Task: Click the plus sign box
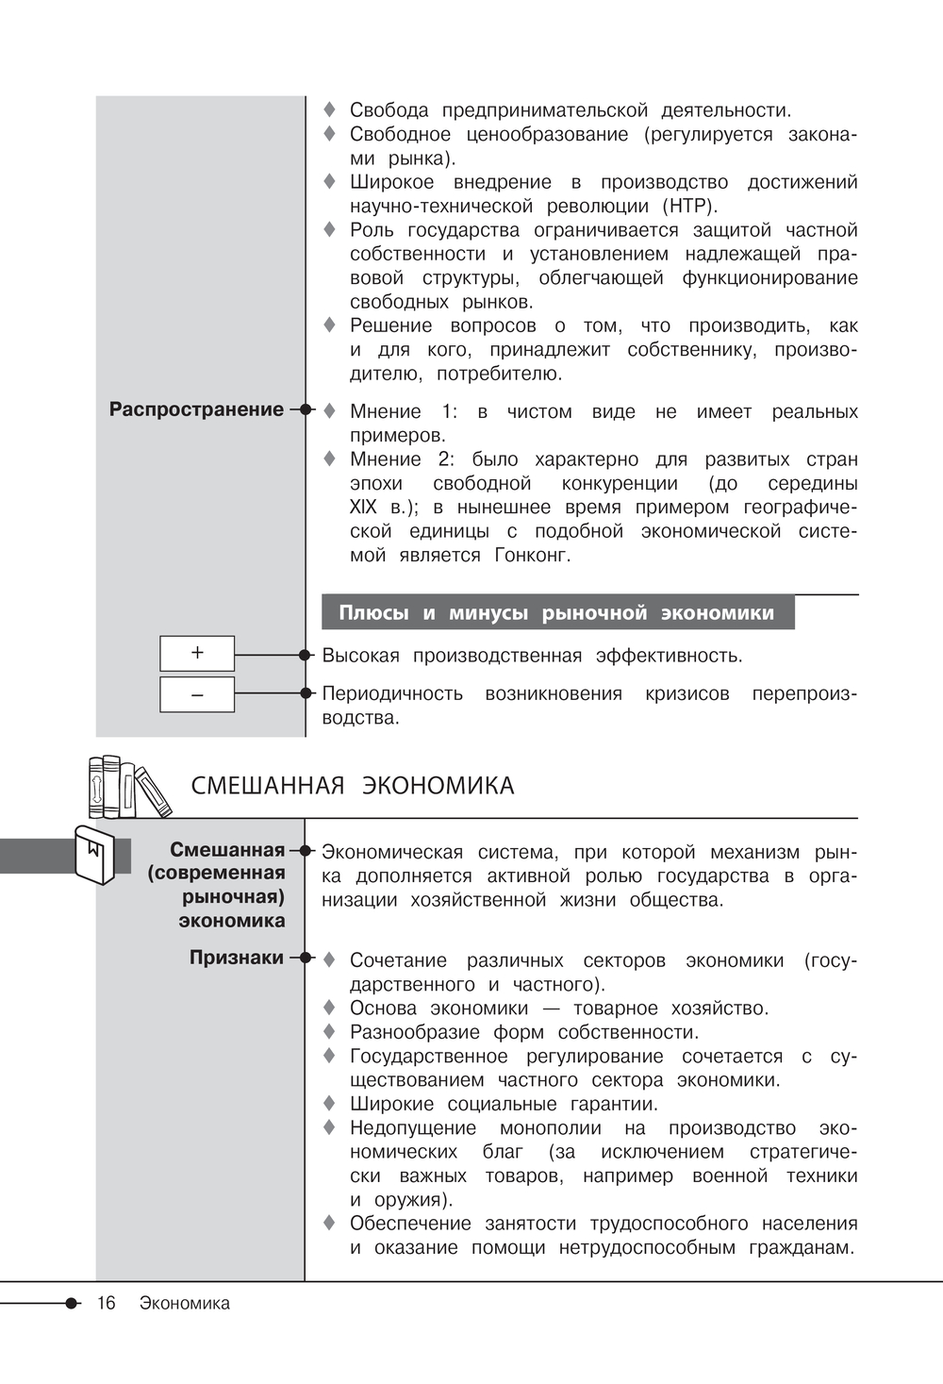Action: tap(197, 653)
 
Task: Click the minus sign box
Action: tap(197, 694)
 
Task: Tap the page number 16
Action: tap(106, 1303)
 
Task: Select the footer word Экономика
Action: tap(185, 1303)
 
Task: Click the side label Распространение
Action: tap(196, 409)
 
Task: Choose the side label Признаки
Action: tap(237, 958)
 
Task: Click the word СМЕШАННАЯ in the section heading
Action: tap(268, 786)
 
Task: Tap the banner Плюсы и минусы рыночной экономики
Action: tap(556, 613)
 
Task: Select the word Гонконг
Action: tap(533, 556)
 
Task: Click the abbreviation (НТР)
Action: tap(689, 207)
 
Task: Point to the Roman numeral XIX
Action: tap(363, 508)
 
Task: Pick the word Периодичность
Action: tap(392, 694)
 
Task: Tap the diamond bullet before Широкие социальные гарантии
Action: tap(329, 1103)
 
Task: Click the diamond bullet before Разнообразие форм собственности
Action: tap(329, 1031)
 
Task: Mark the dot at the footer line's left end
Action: tap(72, 1303)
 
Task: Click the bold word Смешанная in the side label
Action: tap(227, 850)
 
